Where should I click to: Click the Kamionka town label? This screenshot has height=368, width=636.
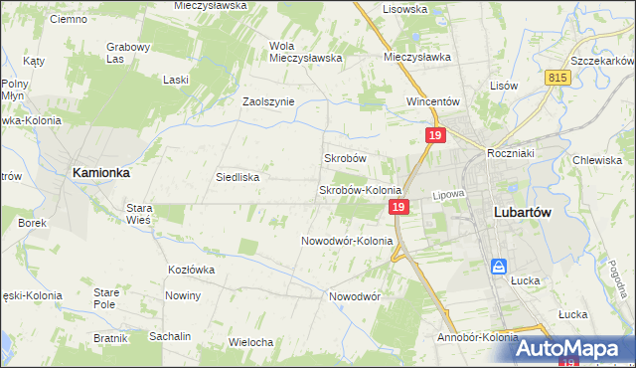tap(101, 172)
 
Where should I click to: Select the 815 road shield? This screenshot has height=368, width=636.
tap(558, 78)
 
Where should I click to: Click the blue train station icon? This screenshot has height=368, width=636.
tap(500, 267)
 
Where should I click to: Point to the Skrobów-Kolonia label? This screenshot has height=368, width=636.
tap(359, 190)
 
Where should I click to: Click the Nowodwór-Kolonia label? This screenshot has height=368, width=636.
tap(347, 241)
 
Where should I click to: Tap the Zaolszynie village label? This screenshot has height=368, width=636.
tap(268, 101)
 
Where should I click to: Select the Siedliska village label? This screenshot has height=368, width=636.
tap(238, 177)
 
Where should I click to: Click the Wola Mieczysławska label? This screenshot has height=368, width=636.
tap(305, 51)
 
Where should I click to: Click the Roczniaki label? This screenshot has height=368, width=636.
tap(512, 153)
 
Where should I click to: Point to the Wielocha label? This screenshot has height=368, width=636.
tap(250, 342)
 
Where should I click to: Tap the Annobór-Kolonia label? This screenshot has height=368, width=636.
tap(477, 337)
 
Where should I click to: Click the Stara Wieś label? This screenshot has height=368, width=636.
tap(138, 214)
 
